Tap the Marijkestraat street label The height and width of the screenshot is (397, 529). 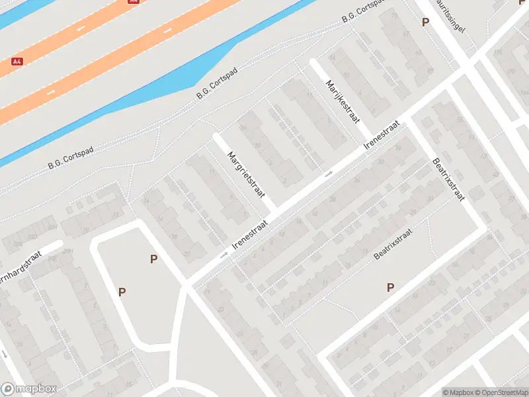(x=342, y=101)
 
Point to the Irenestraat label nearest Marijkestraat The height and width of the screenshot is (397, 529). (x=382, y=138)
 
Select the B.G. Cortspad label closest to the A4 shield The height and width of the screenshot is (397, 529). (x=71, y=157)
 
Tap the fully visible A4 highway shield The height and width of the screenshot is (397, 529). (x=17, y=62)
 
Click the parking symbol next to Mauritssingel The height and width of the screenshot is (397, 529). (x=425, y=22)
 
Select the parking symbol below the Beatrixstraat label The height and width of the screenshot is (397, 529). (x=390, y=287)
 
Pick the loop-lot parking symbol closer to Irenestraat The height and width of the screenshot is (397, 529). (x=153, y=259)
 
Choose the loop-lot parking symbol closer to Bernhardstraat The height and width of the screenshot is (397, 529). (x=122, y=292)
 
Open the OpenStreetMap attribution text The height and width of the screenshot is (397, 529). (x=501, y=392)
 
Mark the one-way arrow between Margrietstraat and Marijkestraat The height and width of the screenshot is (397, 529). (x=329, y=174)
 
